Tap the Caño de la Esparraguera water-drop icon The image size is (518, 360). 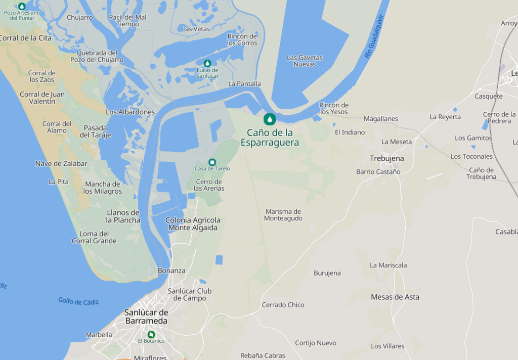tap(270, 119)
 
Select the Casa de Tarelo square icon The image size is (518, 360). tap(212, 162)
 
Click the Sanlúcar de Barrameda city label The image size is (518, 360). tap(146, 317)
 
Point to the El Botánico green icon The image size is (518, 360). tap(151, 334)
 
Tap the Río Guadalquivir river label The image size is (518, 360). tap(375, 36)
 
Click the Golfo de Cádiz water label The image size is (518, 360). tap(78, 301)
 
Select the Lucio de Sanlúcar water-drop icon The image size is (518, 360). tap(207, 63)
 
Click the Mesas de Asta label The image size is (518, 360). tap(395, 297)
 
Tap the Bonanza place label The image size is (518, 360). tap(171, 271)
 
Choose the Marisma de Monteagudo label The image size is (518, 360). tap(283, 215)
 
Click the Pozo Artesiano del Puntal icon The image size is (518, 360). tap(21, 6)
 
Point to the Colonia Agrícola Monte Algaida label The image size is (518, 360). tap(193, 224)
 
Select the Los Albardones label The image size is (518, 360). tap(130, 112)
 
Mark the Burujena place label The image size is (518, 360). tap(327, 273)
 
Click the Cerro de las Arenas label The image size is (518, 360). tap(209, 185)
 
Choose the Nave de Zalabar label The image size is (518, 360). tap(61, 163)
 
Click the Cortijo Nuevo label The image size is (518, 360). tap(316, 343)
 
